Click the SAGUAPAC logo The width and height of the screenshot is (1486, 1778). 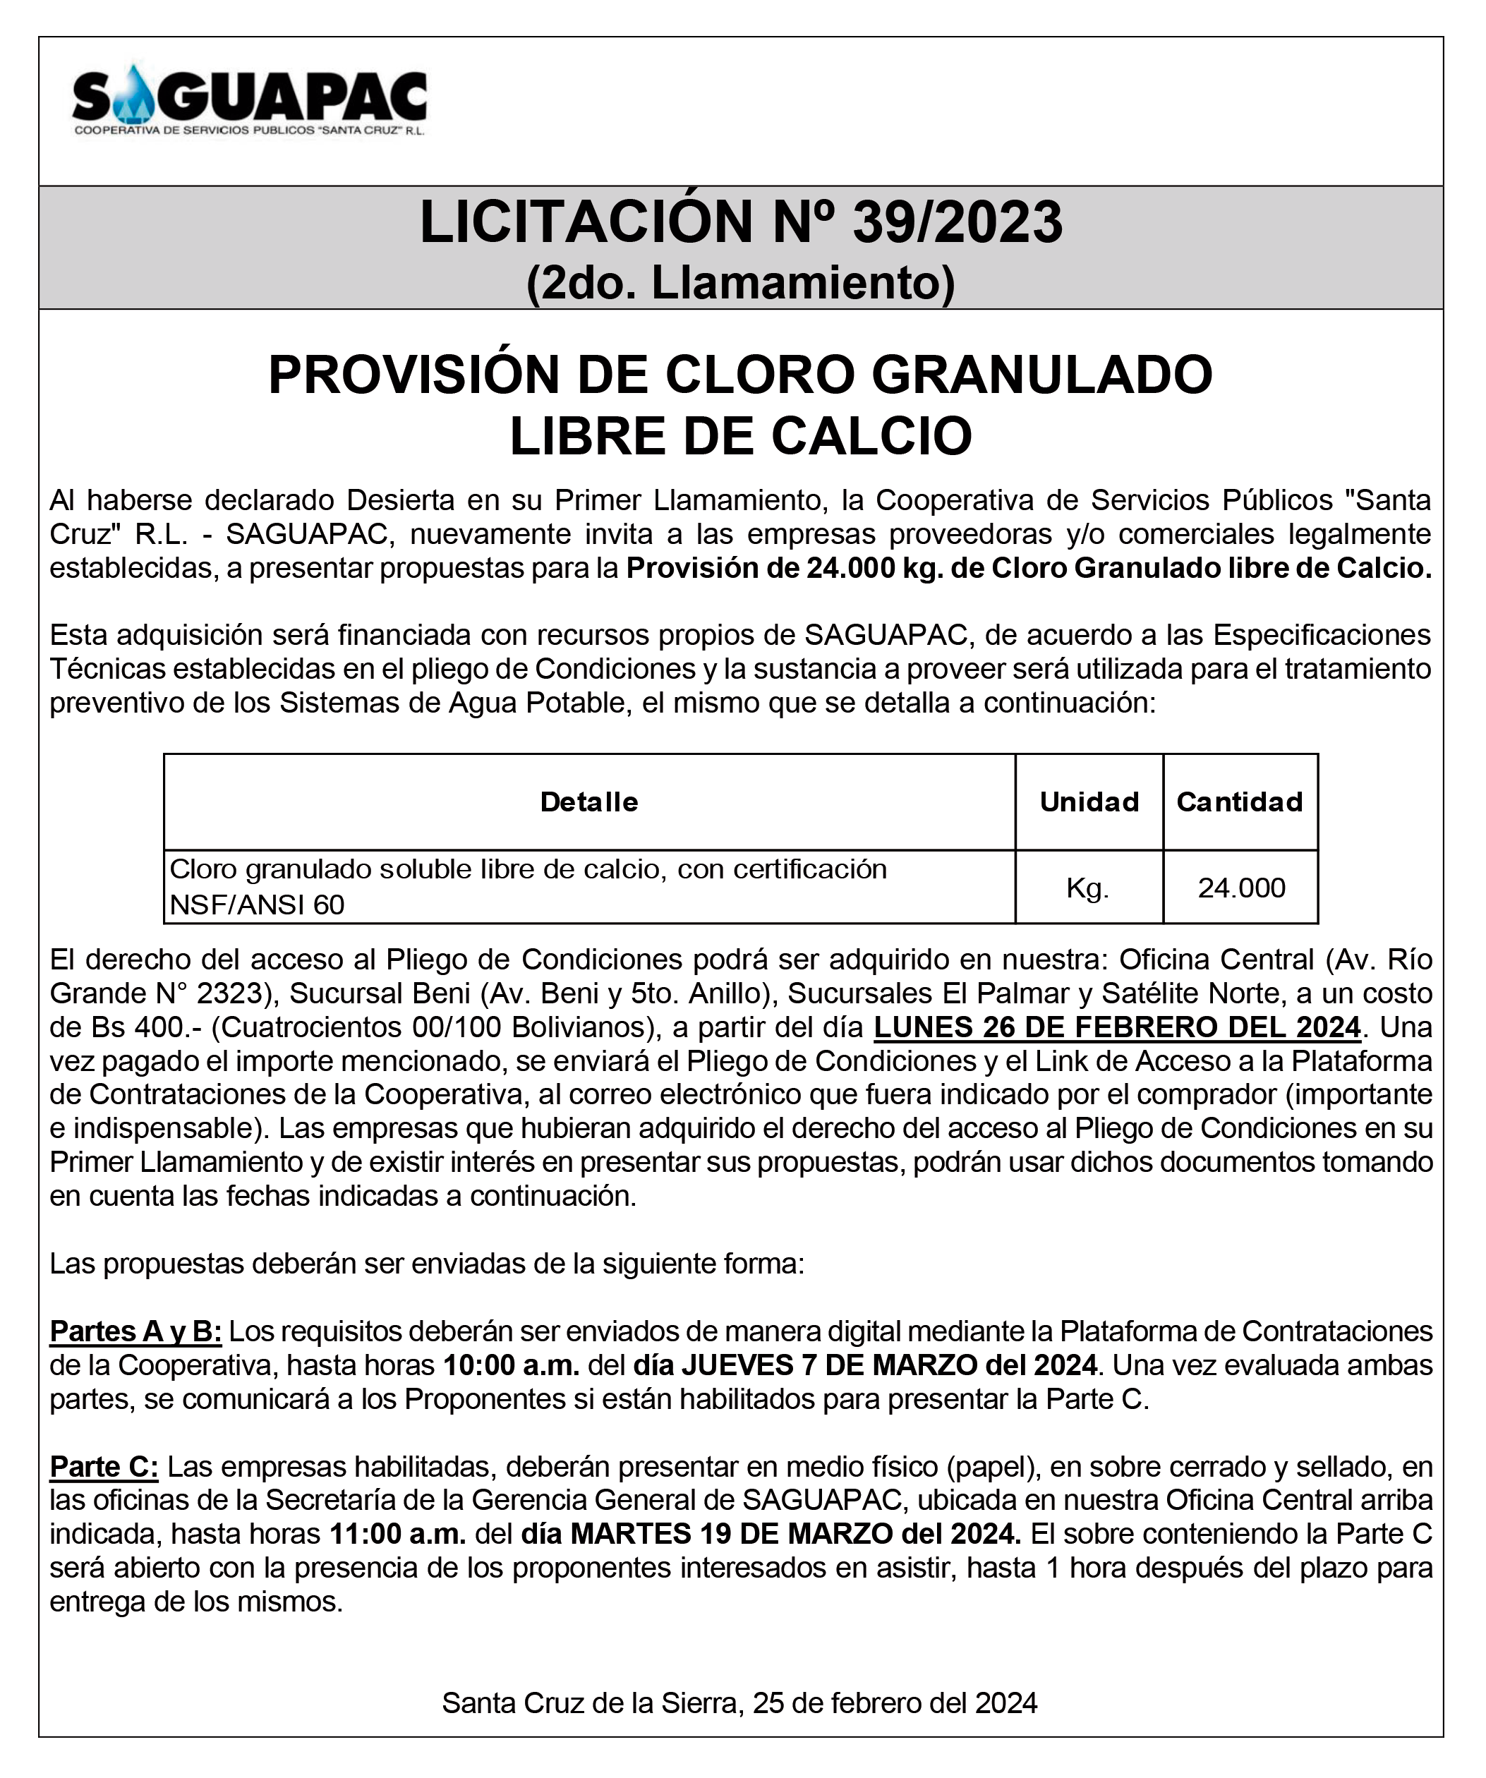click(250, 100)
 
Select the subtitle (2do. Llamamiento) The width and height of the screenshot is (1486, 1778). click(741, 283)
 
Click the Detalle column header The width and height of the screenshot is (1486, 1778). click(589, 802)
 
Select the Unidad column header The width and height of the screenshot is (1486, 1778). click(1089, 802)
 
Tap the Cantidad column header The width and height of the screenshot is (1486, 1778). click(1240, 802)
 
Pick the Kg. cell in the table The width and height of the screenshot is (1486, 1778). click(1088, 888)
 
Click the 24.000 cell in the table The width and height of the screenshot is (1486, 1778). click(1241, 888)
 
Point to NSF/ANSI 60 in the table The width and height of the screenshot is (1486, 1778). click(258, 905)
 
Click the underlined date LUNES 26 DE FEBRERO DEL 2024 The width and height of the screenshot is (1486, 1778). click(1117, 1027)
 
